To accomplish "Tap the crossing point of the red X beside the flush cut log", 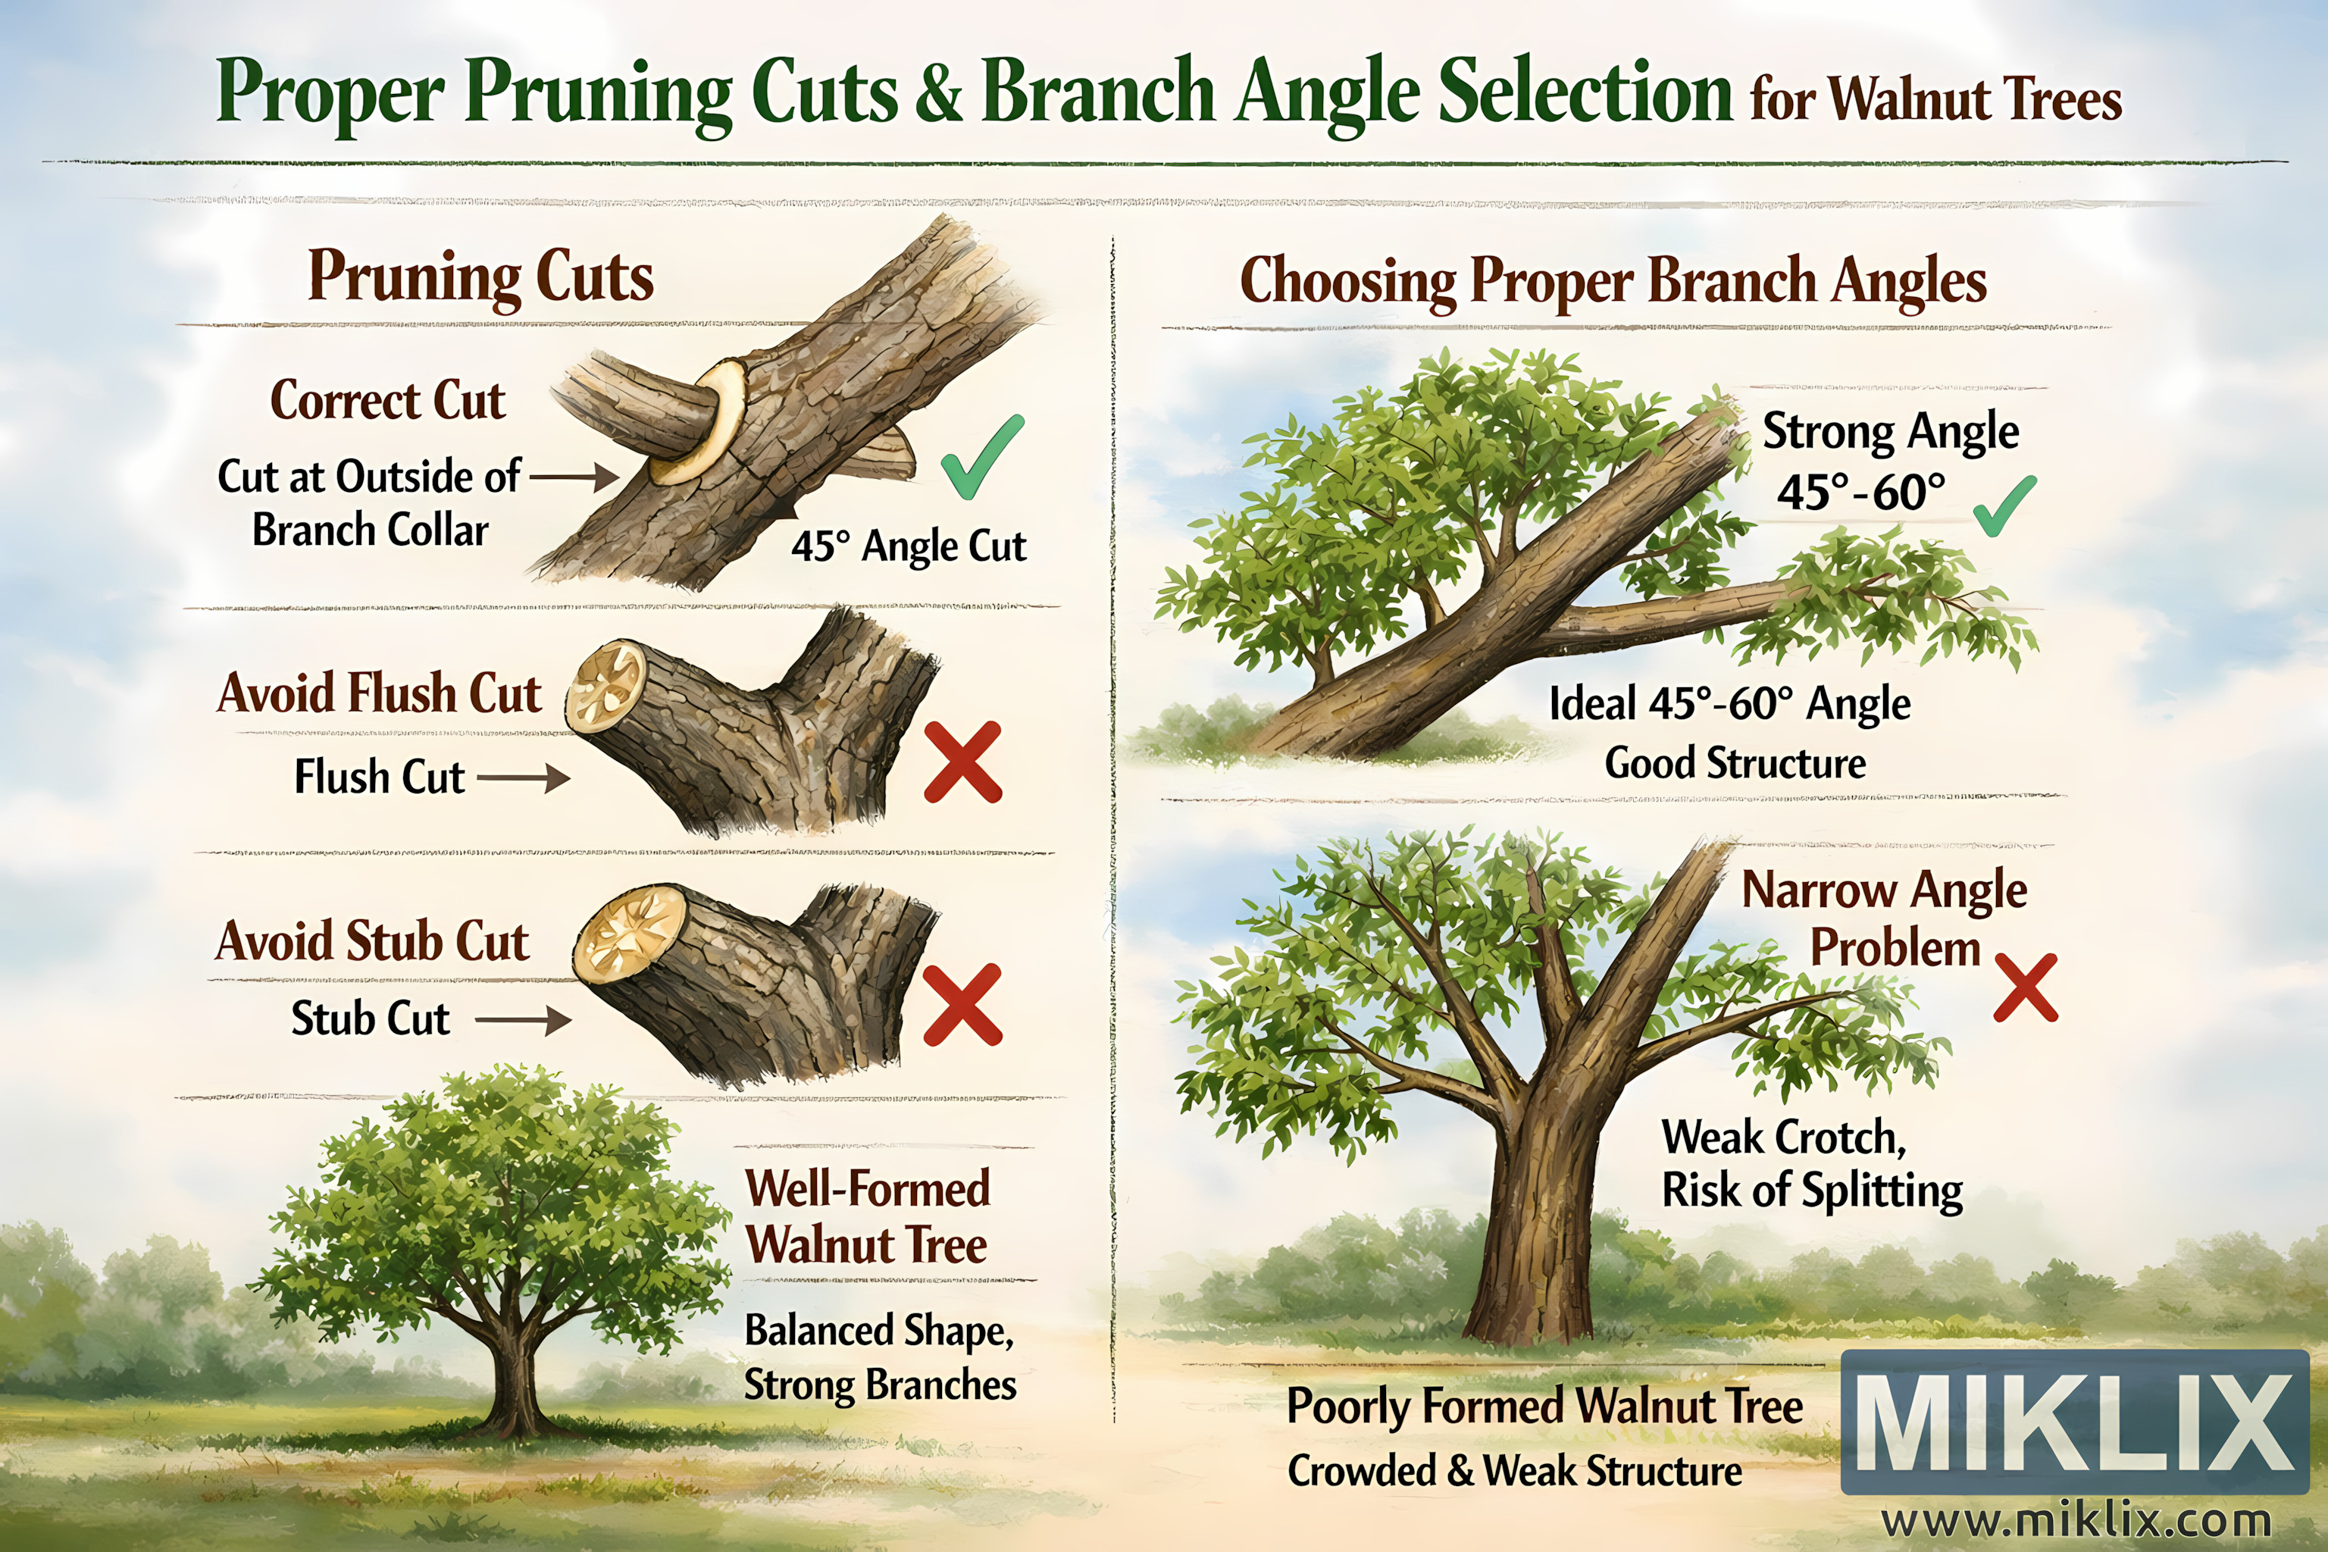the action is click(x=963, y=762).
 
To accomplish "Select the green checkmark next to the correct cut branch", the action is click(x=982, y=456).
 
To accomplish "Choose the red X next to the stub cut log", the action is click(x=962, y=1005).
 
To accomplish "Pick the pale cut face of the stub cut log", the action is click(x=630, y=932).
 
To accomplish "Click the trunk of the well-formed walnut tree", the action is click(x=514, y=1376).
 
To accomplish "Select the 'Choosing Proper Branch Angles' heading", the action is click(x=1613, y=281).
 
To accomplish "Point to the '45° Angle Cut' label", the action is click(x=909, y=546).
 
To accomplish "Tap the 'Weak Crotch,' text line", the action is click(x=1784, y=1136).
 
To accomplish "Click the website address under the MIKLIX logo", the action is click(x=2076, y=1519).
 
